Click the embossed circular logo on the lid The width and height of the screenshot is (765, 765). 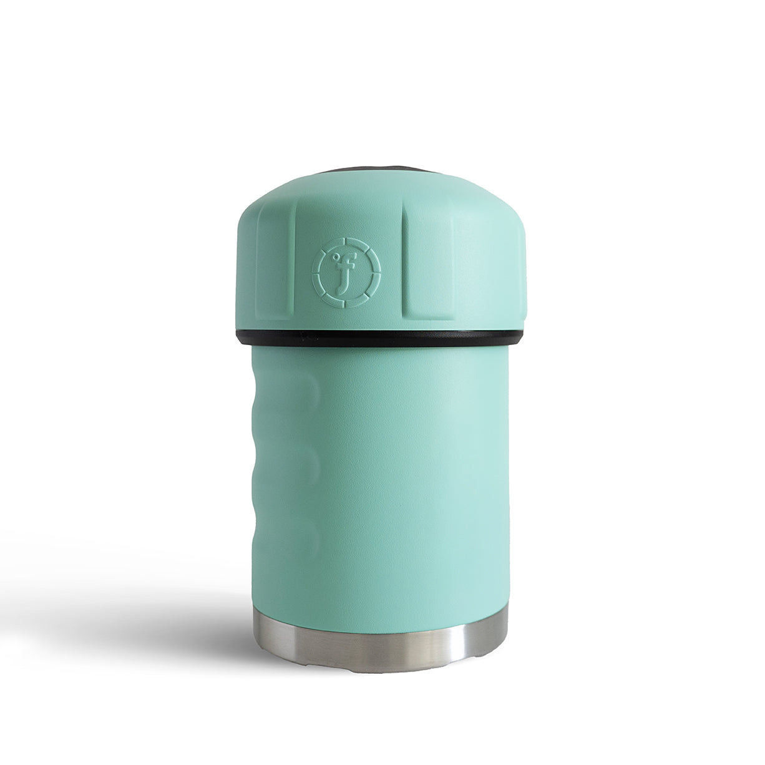(x=346, y=272)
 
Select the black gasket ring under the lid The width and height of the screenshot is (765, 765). (x=379, y=338)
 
